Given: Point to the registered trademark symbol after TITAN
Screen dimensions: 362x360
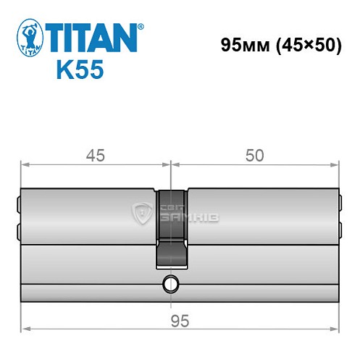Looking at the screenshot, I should tap(141, 27).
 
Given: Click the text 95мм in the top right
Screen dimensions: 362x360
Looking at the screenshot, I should tap(243, 45).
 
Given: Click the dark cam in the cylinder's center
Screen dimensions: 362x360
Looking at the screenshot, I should tap(172, 224).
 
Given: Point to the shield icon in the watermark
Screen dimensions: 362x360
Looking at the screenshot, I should tap(143, 213).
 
